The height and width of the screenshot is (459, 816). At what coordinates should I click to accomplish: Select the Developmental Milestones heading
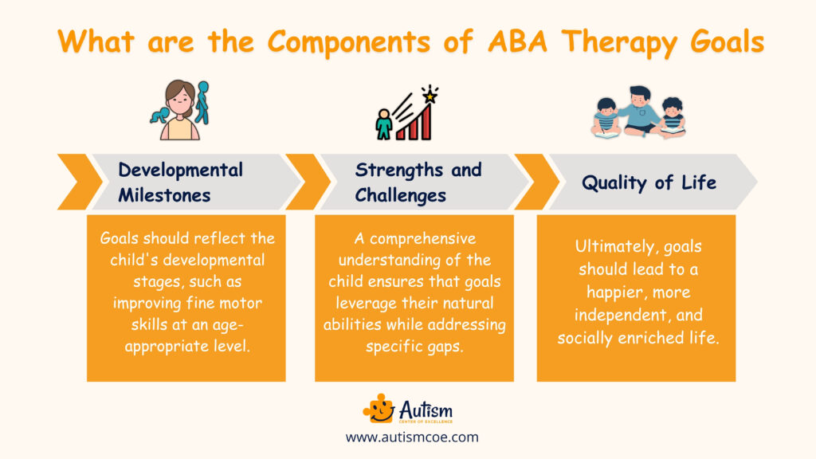click(x=181, y=182)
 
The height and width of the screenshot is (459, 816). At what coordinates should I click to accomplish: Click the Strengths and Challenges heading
click(x=418, y=182)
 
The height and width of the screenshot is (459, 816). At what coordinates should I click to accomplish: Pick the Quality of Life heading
click(x=649, y=182)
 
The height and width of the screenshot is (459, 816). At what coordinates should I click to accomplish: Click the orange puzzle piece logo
click(x=379, y=410)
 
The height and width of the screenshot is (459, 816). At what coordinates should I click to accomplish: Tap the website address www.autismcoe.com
click(x=412, y=437)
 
